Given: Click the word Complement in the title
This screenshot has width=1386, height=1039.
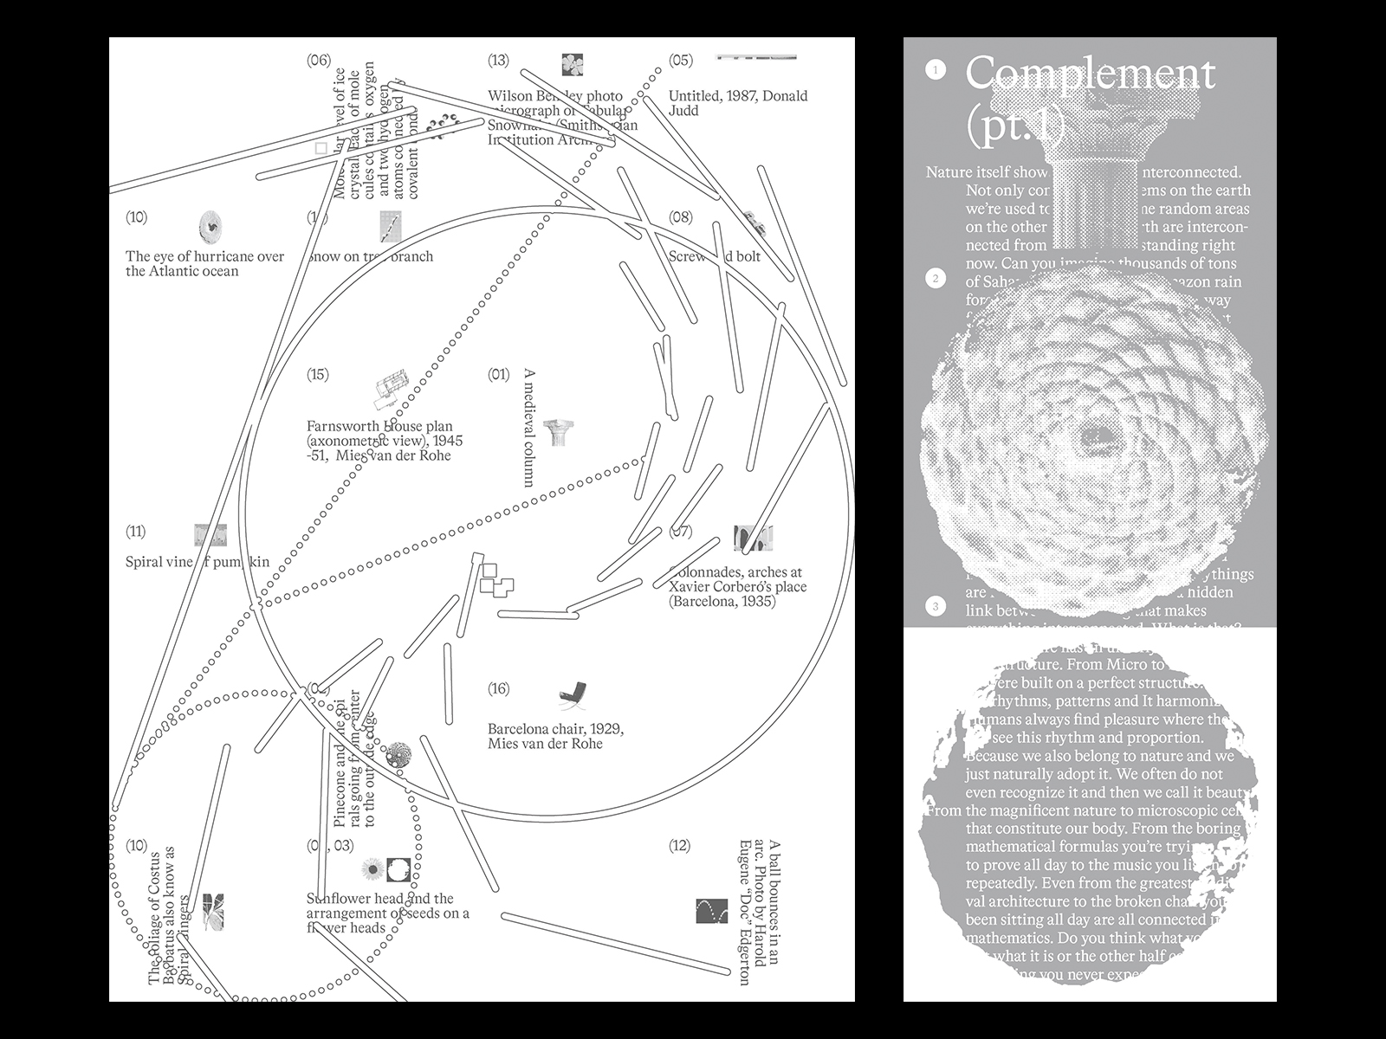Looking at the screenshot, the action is click(x=1090, y=74).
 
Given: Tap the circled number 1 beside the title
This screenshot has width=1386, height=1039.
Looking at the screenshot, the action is click(x=936, y=69).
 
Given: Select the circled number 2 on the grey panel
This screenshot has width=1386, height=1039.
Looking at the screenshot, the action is click(x=936, y=278).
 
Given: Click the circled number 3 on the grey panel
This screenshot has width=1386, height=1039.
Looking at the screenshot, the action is click(x=936, y=606).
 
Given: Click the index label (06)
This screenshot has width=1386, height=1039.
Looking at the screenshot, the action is click(x=319, y=60).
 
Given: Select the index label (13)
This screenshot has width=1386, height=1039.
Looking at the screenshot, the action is click(x=498, y=60).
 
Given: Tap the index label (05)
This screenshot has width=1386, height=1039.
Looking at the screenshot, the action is click(x=681, y=60).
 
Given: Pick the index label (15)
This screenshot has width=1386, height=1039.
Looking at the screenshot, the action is click(x=318, y=374).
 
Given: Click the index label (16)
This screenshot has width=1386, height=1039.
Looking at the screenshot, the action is click(x=498, y=688).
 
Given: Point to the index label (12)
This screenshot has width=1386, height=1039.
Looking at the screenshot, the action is click(x=680, y=845).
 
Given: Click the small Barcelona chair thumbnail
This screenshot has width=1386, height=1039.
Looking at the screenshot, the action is click(x=572, y=694).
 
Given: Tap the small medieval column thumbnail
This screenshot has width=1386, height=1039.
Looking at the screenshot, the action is click(x=559, y=431).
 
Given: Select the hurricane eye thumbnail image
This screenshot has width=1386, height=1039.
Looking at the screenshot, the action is click(x=210, y=227).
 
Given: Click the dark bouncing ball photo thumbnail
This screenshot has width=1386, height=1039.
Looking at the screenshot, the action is click(x=711, y=911).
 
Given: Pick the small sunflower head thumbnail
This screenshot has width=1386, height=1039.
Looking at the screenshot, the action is click(x=372, y=868).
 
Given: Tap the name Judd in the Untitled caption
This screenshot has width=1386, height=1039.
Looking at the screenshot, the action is click(x=683, y=111).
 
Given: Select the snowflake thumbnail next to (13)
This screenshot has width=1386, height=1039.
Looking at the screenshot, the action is click(x=572, y=64).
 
